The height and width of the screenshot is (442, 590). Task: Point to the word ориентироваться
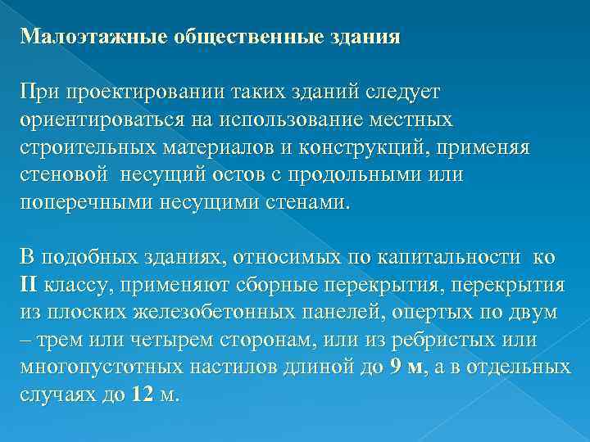102,120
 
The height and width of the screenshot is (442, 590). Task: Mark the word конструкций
378,147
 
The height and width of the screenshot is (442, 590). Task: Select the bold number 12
141,395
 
